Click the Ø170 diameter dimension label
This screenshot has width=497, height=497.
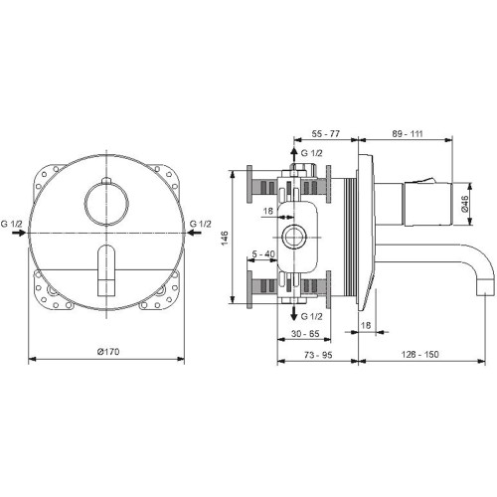pos(108,352)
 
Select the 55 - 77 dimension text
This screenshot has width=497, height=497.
pos(326,134)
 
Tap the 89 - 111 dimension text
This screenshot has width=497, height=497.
pos(408,134)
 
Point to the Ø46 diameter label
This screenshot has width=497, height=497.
pos(464,204)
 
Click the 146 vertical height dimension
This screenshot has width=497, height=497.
pos(225,239)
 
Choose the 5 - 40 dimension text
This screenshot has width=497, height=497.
pos(263,254)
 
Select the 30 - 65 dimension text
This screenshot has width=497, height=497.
pos(305,334)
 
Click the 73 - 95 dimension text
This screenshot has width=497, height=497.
pos(318,355)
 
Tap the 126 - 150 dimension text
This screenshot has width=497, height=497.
pos(420,355)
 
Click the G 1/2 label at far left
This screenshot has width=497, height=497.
pos(12,224)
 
